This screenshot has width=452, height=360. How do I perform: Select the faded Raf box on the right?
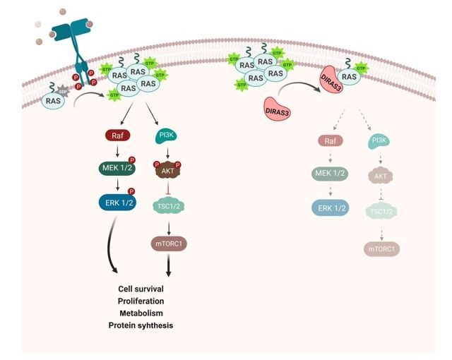point(328,141)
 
